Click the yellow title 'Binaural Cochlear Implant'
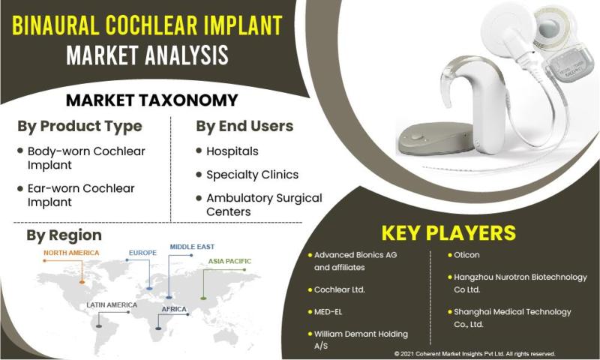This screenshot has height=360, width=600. (x=147, y=25)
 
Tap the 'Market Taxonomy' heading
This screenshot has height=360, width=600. (x=152, y=100)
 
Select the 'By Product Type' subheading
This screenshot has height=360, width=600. (x=79, y=126)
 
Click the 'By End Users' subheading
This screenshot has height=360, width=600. (x=244, y=126)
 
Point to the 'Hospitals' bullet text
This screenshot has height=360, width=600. (x=232, y=151)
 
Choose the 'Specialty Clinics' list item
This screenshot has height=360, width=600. (x=252, y=175)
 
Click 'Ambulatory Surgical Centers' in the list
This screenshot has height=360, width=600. (x=264, y=205)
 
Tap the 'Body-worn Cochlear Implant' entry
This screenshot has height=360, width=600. (x=86, y=158)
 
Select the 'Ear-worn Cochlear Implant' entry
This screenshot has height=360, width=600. (x=81, y=195)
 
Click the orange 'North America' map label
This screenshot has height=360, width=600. (x=71, y=253)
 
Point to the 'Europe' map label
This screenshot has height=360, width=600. (x=142, y=253)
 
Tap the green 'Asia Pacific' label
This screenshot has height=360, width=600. (x=229, y=261)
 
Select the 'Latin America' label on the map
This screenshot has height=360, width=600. (x=112, y=305)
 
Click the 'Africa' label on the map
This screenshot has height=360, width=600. (x=174, y=309)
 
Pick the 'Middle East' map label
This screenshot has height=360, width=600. (x=192, y=247)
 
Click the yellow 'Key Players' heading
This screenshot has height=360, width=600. (x=448, y=232)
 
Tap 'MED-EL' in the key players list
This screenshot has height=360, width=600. (x=328, y=312)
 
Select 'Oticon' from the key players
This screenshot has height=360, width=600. (x=466, y=255)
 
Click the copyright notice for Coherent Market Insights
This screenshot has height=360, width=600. (x=475, y=354)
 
